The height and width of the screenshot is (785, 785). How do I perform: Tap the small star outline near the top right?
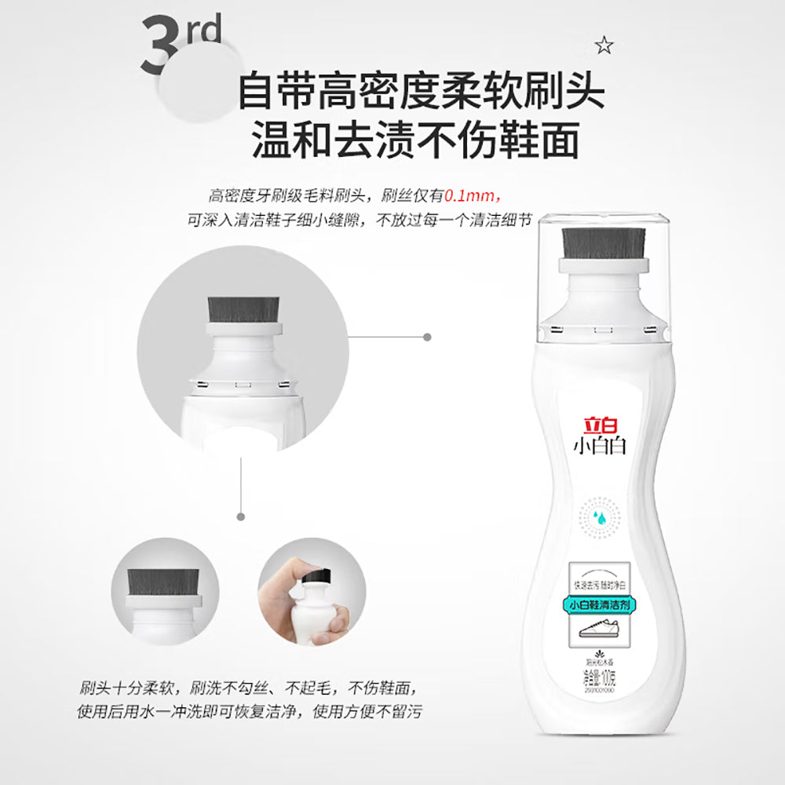click(603, 46)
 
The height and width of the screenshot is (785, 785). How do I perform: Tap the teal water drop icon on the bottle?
click(601, 517)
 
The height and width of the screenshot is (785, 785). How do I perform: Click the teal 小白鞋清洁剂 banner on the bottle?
click(601, 604)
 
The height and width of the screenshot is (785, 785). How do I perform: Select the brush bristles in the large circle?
click(243, 311)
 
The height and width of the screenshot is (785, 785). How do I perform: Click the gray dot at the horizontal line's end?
click(427, 337)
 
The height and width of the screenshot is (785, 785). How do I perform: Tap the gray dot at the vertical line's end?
click(240, 517)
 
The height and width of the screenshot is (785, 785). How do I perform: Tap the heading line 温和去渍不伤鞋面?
click(415, 141)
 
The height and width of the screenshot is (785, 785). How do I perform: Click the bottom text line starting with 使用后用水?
click(250, 712)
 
